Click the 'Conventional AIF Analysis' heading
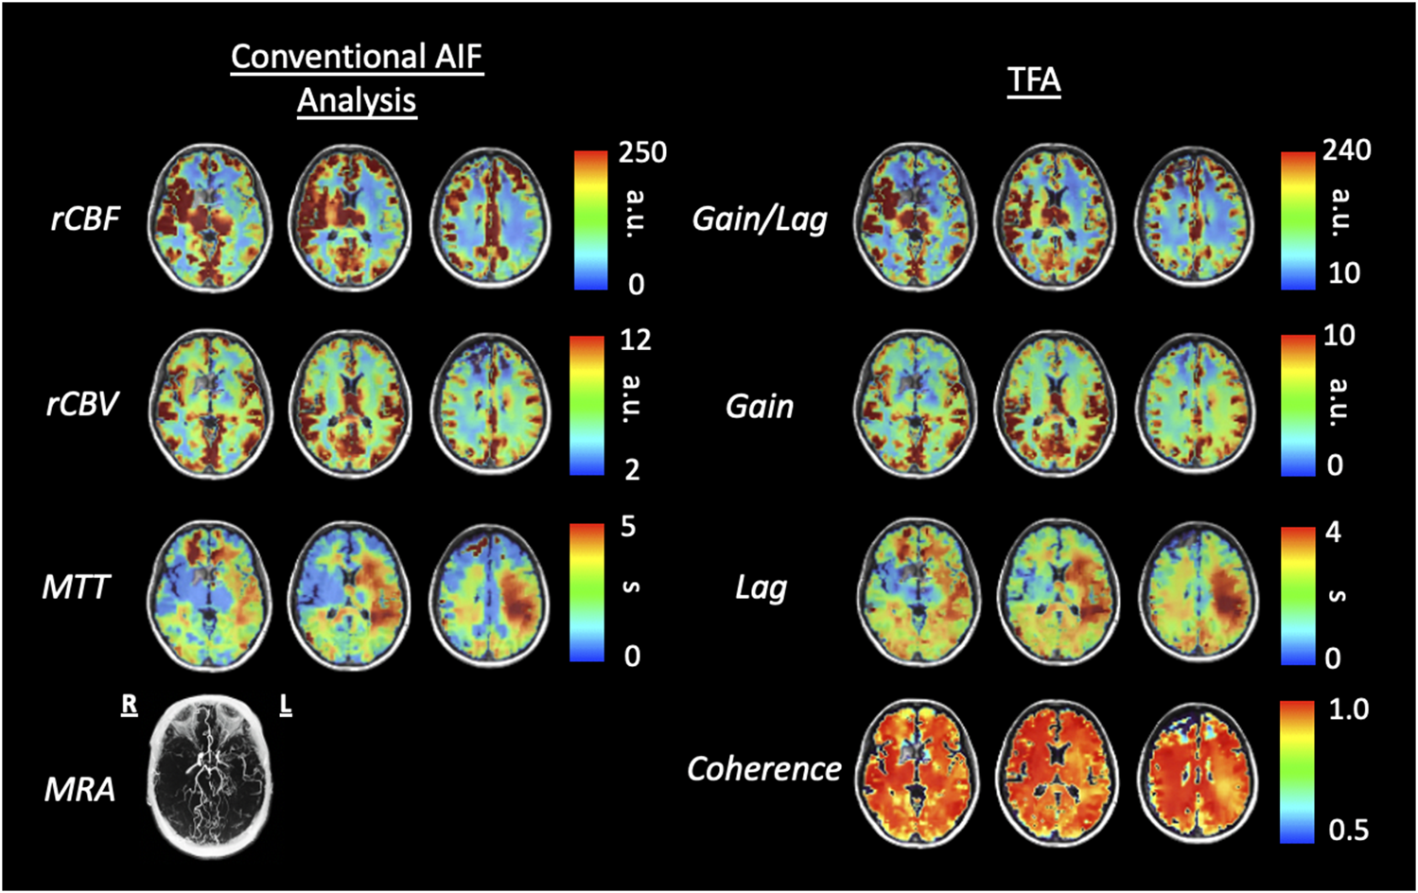click(x=357, y=78)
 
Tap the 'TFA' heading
click(x=1034, y=79)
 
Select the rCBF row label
click(x=85, y=219)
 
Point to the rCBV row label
click(x=82, y=404)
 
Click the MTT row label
click(x=76, y=587)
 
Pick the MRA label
click(x=79, y=788)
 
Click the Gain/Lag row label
click(x=760, y=219)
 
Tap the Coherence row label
click(x=763, y=769)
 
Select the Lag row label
click(x=761, y=588)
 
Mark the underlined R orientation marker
click(x=129, y=705)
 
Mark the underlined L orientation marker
click(x=285, y=705)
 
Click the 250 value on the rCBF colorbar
click(x=642, y=152)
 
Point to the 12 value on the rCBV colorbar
click(x=635, y=340)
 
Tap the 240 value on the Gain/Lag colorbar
click(x=1347, y=149)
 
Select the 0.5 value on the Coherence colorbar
click(x=1348, y=830)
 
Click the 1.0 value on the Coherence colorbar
click(x=1348, y=709)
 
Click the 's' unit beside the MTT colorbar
click(x=631, y=587)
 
